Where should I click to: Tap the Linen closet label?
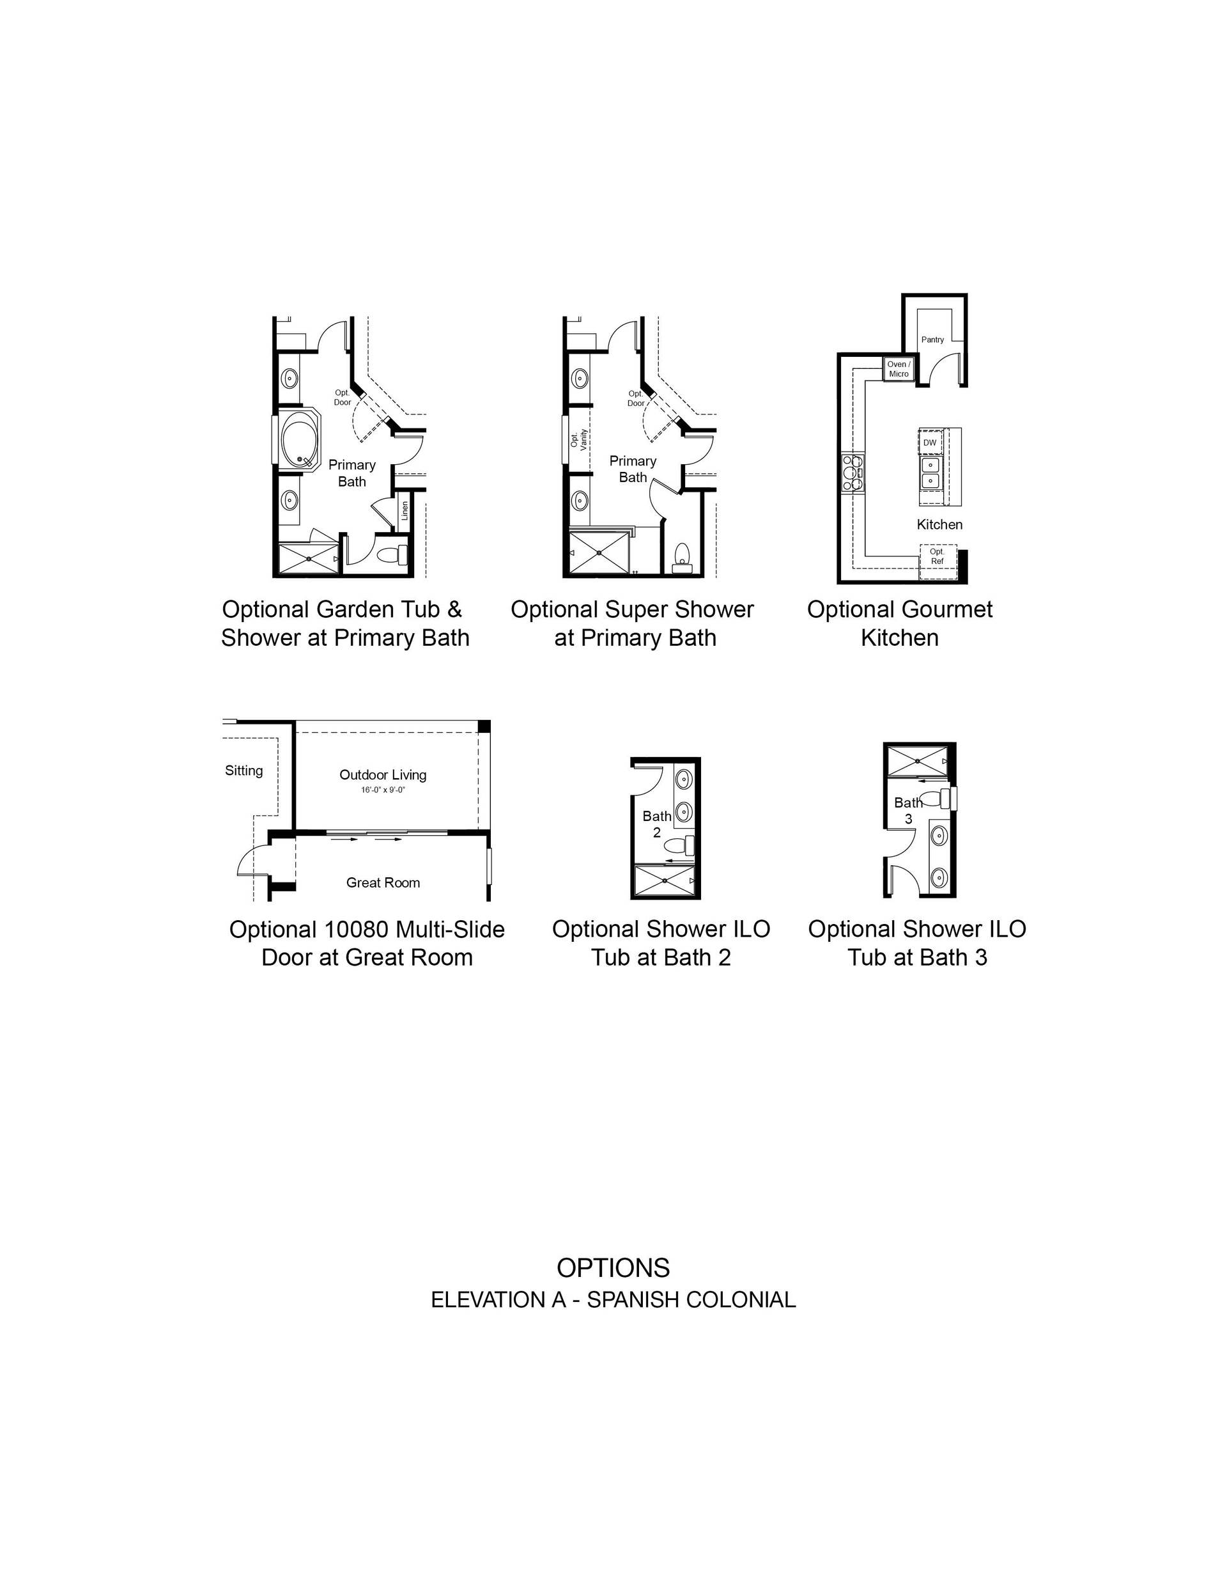[405, 510]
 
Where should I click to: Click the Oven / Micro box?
[899, 369]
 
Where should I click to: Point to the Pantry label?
[932, 339]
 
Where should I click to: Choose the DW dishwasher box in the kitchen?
[930, 442]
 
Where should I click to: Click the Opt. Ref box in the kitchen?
[937, 561]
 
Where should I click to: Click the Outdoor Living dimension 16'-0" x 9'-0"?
[383, 790]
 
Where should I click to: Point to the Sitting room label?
[243, 771]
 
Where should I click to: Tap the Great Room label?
[383, 882]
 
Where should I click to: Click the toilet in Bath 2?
[680, 845]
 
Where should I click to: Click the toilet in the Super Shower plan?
[681, 555]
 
